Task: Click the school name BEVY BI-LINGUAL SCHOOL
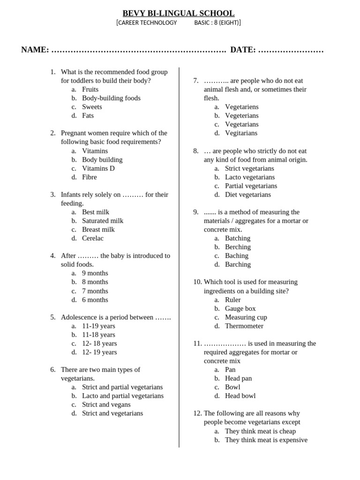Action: click(x=179, y=13)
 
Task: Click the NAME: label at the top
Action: click(x=35, y=50)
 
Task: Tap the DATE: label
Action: click(x=243, y=50)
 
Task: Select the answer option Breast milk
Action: click(x=98, y=229)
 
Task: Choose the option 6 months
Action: click(x=95, y=300)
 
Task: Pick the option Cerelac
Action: click(x=93, y=238)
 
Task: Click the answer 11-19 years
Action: click(x=98, y=326)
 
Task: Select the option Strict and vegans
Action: click(x=106, y=405)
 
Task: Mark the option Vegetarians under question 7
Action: click(x=241, y=124)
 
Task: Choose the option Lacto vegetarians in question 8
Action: click(x=250, y=177)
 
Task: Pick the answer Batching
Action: click(x=238, y=238)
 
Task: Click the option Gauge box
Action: click(x=240, y=308)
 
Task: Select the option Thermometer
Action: click(x=244, y=326)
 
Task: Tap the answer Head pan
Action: click(x=238, y=378)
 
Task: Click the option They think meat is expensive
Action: click(x=266, y=440)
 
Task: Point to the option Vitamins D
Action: click(x=98, y=168)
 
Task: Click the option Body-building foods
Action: click(x=111, y=98)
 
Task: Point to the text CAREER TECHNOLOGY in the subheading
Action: click(x=147, y=22)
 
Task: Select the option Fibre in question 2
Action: click(x=89, y=177)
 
